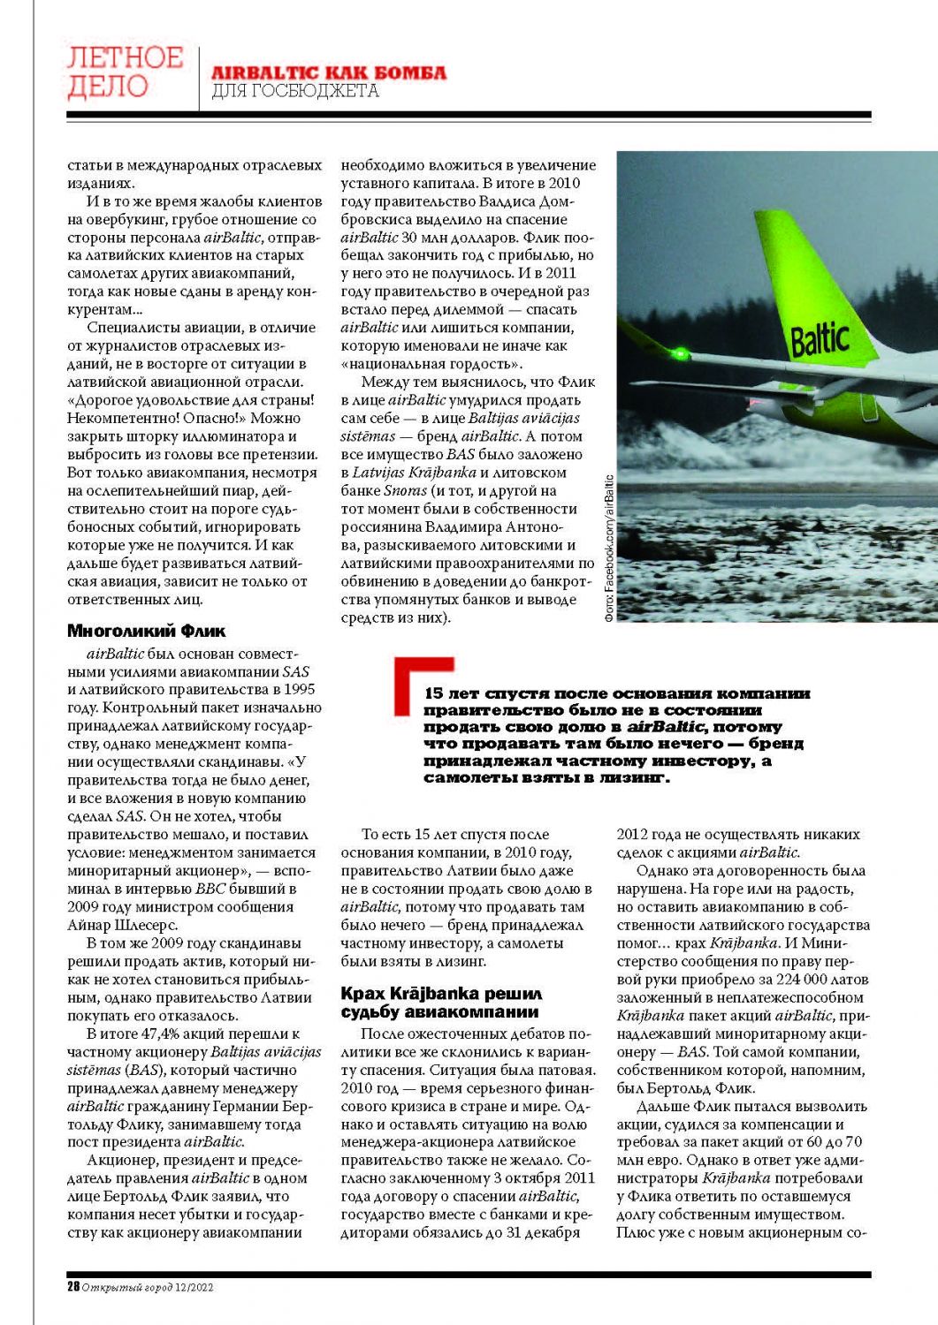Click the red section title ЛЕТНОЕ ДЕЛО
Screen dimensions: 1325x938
[125, 72]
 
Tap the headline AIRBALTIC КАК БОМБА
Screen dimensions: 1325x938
[328, 72]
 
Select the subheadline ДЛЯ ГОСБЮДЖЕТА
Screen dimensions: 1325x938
[295, 91]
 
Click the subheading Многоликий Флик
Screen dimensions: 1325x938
[147, 631]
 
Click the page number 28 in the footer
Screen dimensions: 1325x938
[73, 1287]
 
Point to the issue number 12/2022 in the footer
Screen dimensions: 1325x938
[194, 1287]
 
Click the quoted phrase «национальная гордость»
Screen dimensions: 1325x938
[431, 363]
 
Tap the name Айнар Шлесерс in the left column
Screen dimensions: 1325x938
[122, 925]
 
